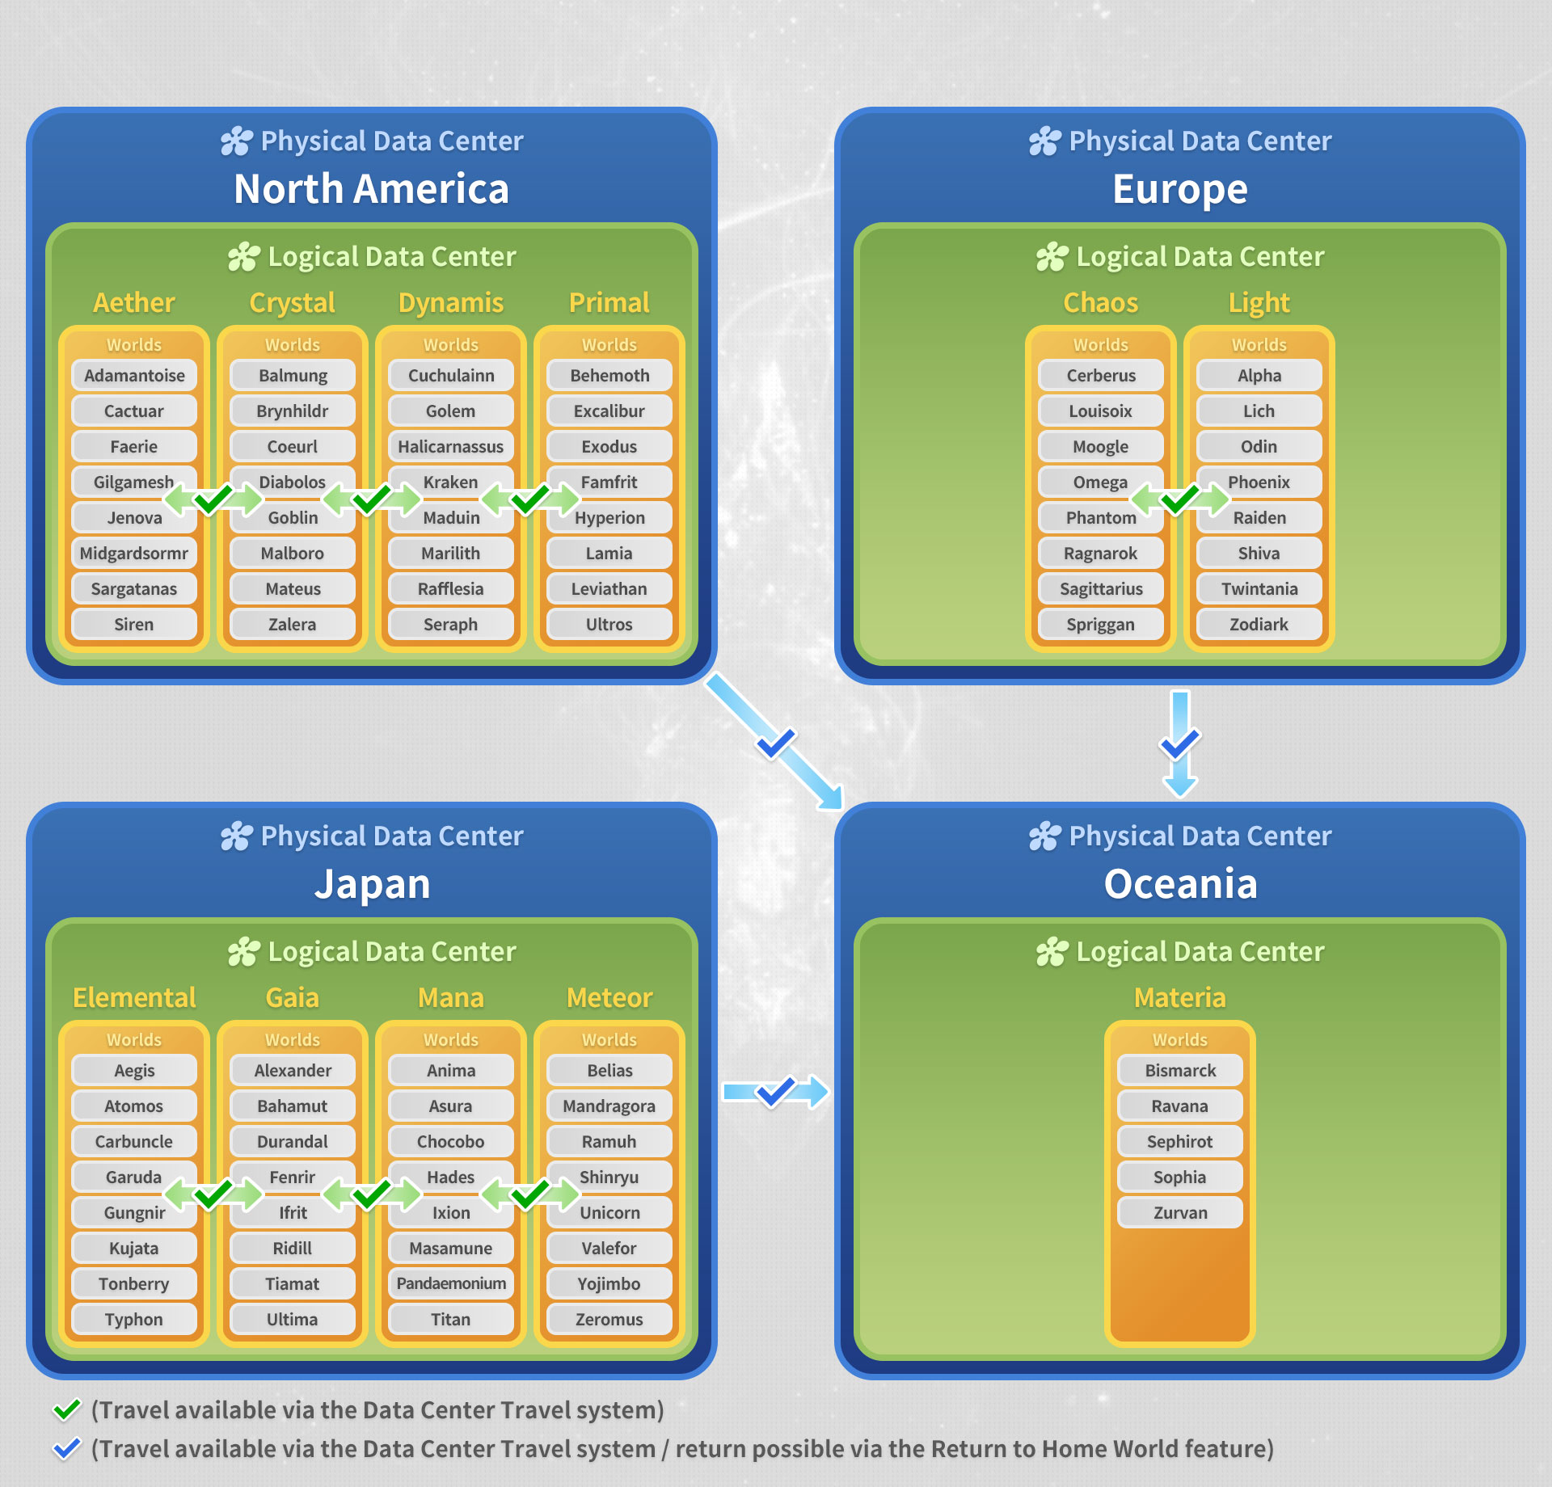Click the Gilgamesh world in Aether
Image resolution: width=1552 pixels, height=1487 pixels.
[x=129, y=482]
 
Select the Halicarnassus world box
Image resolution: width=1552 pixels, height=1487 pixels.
[x=450, y=446]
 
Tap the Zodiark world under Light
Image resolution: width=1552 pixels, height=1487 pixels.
[x=1259, y=624]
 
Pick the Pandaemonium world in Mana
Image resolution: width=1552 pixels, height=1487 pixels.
[x=450, y=1283]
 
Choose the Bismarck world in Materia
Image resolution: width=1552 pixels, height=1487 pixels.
[x=1179, y=1070]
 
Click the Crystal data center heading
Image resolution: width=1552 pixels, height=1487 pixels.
[x=292, y=303]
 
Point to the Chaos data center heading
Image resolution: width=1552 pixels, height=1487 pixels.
[x=1100, y=303]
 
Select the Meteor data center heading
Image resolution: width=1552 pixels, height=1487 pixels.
[x=609, y=998]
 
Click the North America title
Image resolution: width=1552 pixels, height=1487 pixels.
[x=371, y=189]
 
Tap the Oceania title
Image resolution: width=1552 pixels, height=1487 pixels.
[x=1180, y=884]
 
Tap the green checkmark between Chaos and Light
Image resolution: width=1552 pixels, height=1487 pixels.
[x=1179, y=499]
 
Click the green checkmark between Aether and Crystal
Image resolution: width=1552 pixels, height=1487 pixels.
[x=213, y=499]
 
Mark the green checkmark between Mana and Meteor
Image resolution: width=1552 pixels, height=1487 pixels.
[x=530, y=1194]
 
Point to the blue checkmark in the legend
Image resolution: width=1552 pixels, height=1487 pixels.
[x=66, y=1448]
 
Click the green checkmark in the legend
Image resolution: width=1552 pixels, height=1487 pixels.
[x=66, y=1409]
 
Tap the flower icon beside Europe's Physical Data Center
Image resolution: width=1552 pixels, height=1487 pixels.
[x=1044, y=141]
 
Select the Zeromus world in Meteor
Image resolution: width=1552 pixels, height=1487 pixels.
[x=609, y=1319]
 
